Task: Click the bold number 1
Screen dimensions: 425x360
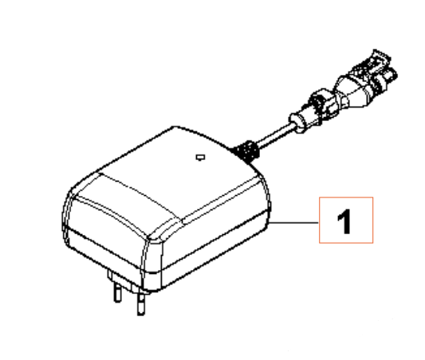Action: (x=344, y=221)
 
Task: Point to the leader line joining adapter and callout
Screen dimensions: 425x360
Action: (x=294, y=222)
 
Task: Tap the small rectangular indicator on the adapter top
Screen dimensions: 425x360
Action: (x=200, y=157)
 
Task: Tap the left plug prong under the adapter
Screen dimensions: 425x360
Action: (x=117, y=292)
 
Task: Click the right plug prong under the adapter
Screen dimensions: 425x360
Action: (x=141, y=303)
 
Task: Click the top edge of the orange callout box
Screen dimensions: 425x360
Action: (x=346, y=198)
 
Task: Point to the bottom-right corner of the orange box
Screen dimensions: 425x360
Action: (x=373, y=243)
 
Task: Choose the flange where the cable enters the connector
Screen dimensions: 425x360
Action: (x=297, y=123)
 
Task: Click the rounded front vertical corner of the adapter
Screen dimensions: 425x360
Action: (x=152, y=264)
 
